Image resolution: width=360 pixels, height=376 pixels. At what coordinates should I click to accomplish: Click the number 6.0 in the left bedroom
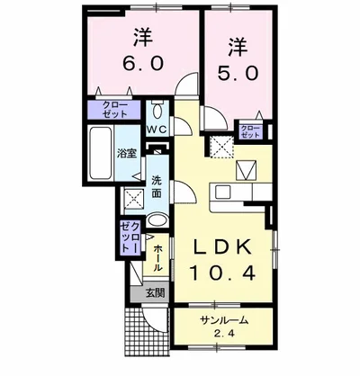pyautogui.click(x=141, y=66)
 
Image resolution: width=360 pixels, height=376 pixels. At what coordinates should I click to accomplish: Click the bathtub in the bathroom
pyautogui.click(x=99, y=154)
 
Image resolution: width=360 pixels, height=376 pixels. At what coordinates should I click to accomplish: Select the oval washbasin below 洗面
pyautogui.click(x=157, y=222)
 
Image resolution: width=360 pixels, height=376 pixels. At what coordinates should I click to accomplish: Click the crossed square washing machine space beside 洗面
pyautogui.click(x=133, y=199)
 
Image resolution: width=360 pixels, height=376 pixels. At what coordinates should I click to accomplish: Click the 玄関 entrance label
pyautogui.click(x=155, y=292)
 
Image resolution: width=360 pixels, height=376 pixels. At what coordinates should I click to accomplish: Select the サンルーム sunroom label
pyautogui.click(x=224, y=320)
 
